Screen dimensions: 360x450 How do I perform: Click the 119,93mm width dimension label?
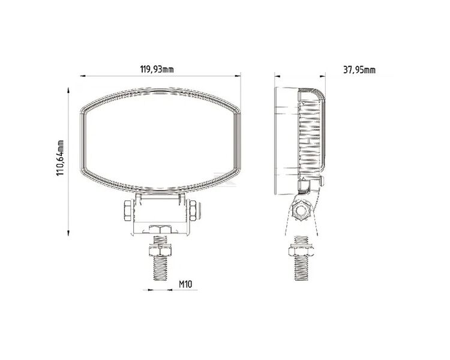pyautogui.click(x=157, y=70)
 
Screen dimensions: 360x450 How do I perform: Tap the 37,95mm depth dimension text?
pyautogui.click(x=359, y=70)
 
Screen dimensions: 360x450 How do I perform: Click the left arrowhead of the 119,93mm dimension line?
pyautogui.click(x=83, y=76)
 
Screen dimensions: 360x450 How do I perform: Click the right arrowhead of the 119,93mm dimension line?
pyautogui.click(x=237, y=76)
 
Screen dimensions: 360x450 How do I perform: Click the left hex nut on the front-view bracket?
pyautogui.click(x=128, y=211)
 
